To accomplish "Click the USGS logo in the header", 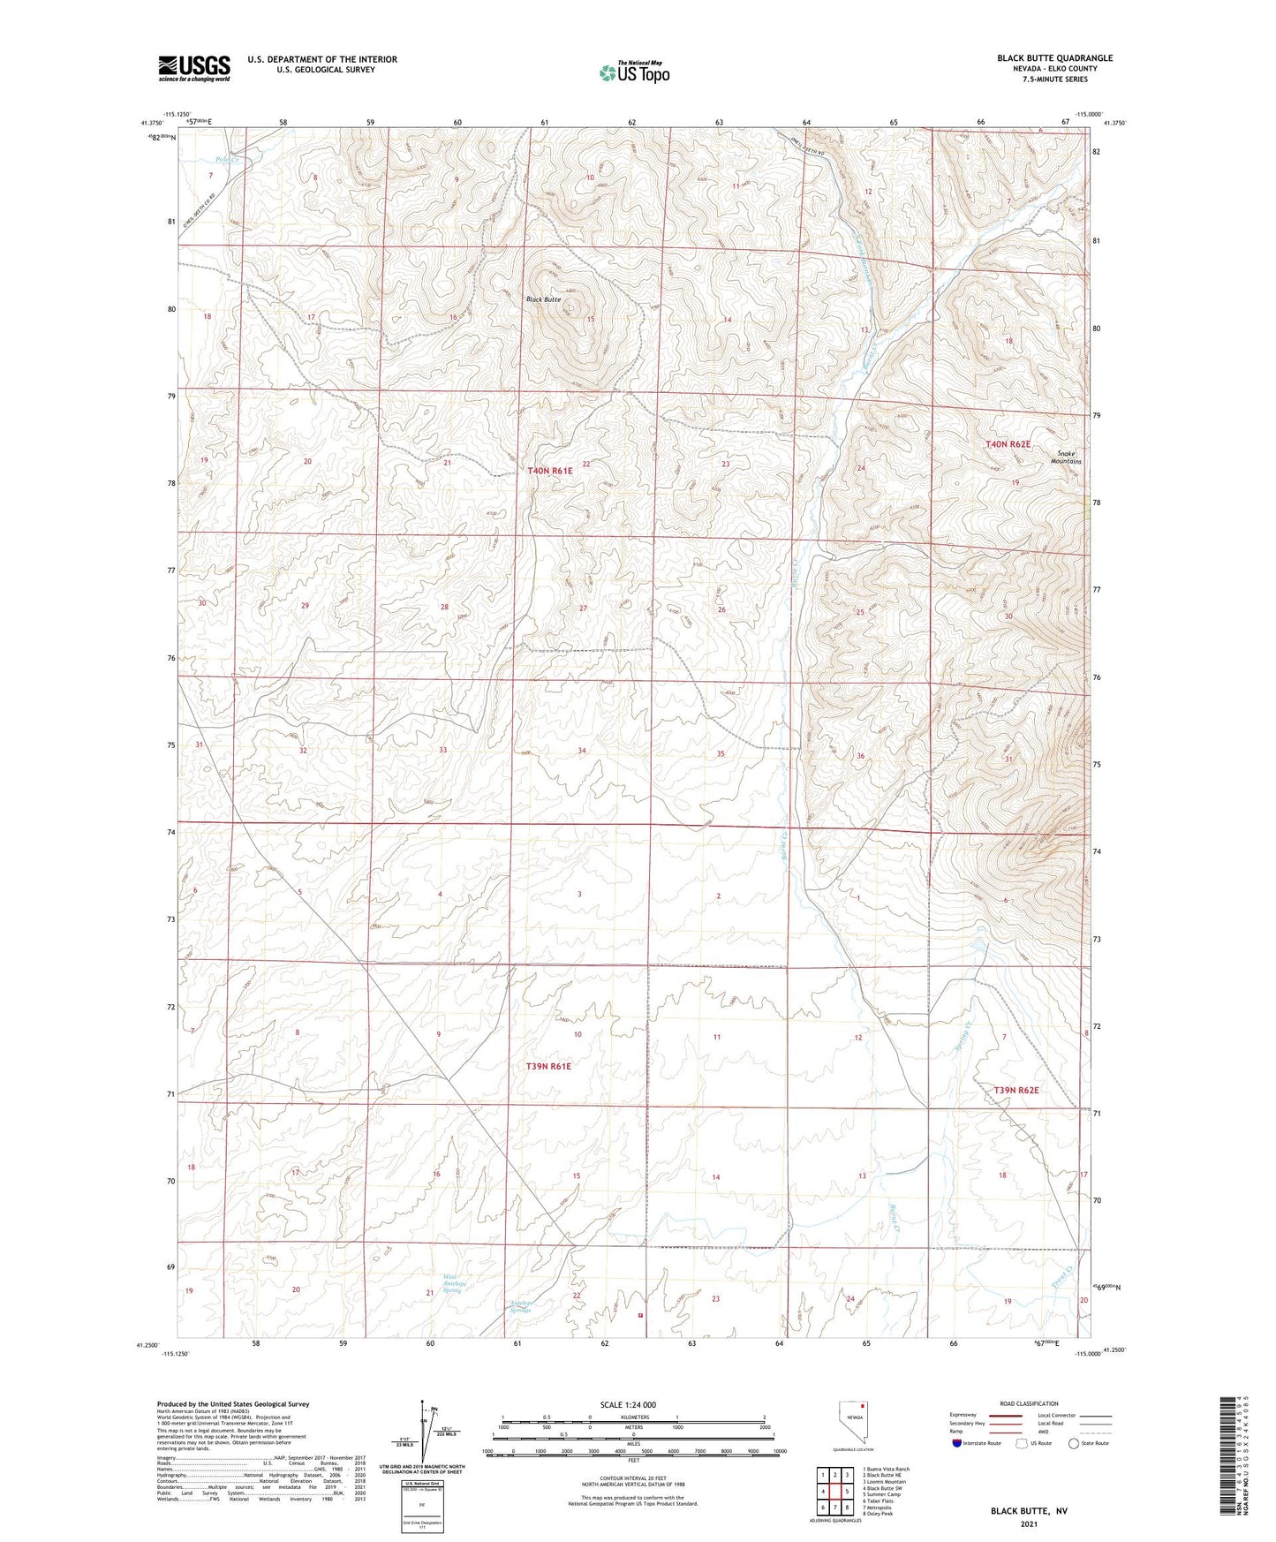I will (194, 68).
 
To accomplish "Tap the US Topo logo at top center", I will (633, 72).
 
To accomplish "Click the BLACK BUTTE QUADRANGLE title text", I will (1054, 58).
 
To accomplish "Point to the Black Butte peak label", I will (544, 299).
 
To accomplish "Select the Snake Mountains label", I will (1068, 457).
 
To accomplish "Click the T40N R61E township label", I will (550, 471).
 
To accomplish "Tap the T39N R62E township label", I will (1016, 1090).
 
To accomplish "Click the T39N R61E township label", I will (548, 1066).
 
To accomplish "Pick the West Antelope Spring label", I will (451, 1283).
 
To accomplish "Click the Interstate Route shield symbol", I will (958, 1443).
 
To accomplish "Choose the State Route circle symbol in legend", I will (1073, 1443).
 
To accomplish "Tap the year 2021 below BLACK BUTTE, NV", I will (1028, 1523).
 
